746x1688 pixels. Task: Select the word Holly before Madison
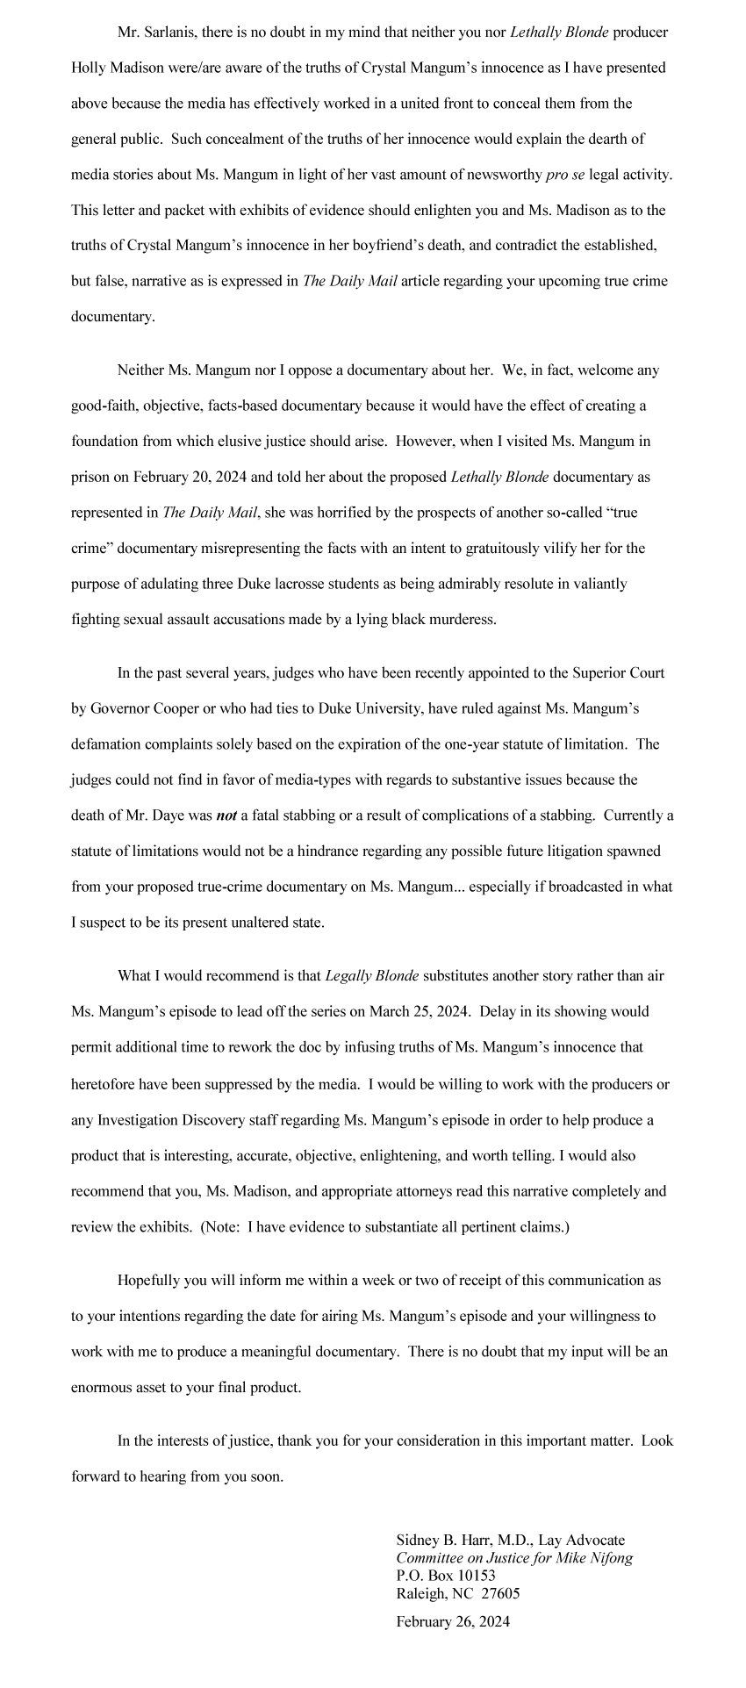88,67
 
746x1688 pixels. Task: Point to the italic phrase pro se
565,175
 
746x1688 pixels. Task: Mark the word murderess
463,620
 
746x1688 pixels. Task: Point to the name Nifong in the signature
611,1558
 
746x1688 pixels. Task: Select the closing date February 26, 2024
453,1621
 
